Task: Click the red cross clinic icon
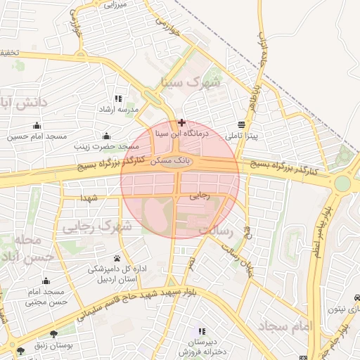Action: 182,122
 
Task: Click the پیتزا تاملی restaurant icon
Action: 242,124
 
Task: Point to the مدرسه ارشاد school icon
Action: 118,99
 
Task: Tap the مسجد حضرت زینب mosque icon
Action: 106,136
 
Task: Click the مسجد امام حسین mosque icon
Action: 31,127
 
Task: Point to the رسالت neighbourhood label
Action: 215,230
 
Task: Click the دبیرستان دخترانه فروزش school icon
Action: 202,330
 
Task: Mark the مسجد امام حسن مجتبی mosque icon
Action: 47,281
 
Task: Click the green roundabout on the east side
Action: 342,184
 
